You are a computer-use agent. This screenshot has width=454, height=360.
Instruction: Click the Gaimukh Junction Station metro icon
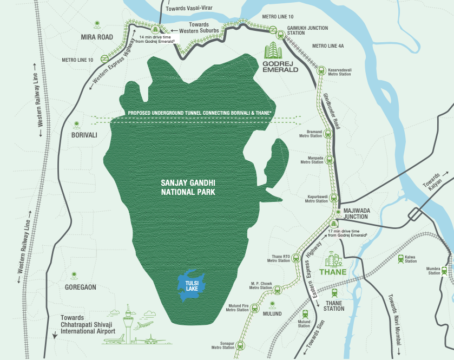click(280, 35)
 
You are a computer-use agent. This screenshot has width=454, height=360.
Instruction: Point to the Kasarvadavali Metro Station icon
click(321, 70)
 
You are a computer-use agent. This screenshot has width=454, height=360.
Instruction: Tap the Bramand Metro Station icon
click(328, 133)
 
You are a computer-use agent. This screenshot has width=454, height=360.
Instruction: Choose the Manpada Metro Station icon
click(330, 160)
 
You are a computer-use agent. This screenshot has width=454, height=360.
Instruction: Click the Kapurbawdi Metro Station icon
click(333, 198)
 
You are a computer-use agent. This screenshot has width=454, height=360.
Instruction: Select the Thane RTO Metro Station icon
click(295, 260)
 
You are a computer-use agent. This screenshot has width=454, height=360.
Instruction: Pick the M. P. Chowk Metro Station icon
click(278, 290)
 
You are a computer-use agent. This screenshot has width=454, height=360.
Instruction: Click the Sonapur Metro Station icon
click(240, 345)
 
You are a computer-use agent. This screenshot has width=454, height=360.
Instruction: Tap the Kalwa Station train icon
click(401, 259)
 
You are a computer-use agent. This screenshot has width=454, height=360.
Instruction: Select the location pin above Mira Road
click(97, 24)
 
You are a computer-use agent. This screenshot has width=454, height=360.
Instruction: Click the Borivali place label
click(84, 135)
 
